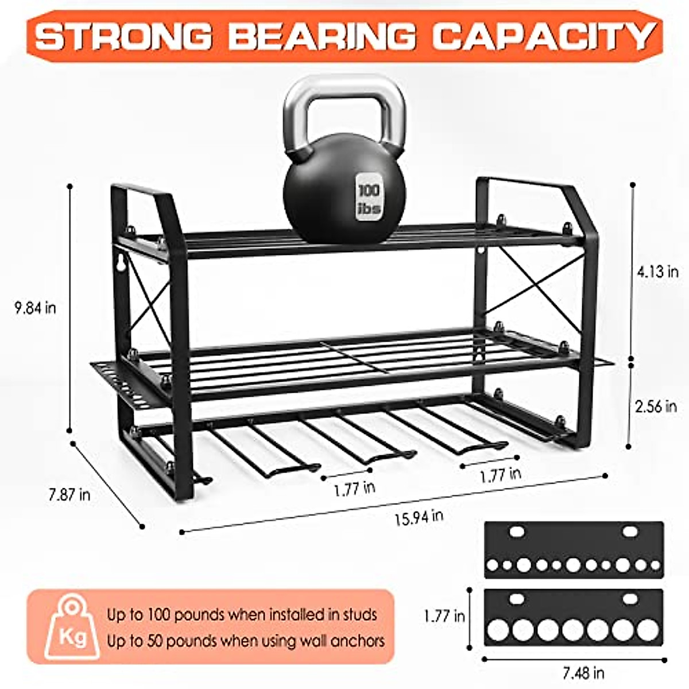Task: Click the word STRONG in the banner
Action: pos(123,36)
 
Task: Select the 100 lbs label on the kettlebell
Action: pos(369,199)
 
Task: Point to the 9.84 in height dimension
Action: pos(36,308)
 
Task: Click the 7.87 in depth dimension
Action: pos(69,494)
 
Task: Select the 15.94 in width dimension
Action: pos(419,517)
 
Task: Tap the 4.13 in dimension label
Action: pos(657,271)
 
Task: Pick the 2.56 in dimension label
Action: pos(656,407)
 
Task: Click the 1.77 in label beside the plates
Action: pos(444,617)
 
